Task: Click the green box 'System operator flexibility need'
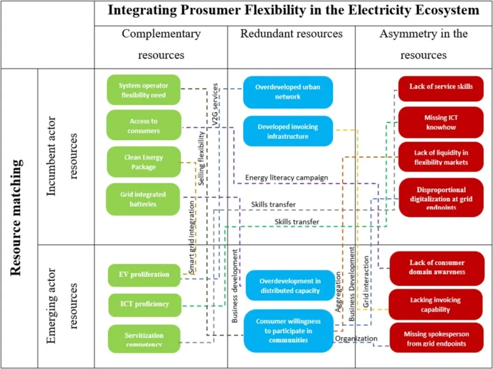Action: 143,90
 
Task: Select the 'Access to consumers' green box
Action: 143,126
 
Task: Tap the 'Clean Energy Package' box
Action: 143,162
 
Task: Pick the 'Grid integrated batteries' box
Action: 143,199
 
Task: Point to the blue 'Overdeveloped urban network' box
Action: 287,92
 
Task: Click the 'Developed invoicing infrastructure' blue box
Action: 287,131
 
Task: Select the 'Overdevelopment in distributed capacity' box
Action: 290,285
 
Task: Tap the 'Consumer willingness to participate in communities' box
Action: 288,331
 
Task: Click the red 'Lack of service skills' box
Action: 441,87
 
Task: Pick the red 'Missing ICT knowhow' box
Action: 440,122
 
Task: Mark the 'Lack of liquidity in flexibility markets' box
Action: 441,157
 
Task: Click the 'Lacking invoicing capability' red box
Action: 435,305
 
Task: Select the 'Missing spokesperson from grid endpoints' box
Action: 436,338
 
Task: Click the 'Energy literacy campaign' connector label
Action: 286,178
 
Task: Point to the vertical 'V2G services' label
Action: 215,105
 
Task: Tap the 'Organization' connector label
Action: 356,339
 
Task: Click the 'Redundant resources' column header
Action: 291,34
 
